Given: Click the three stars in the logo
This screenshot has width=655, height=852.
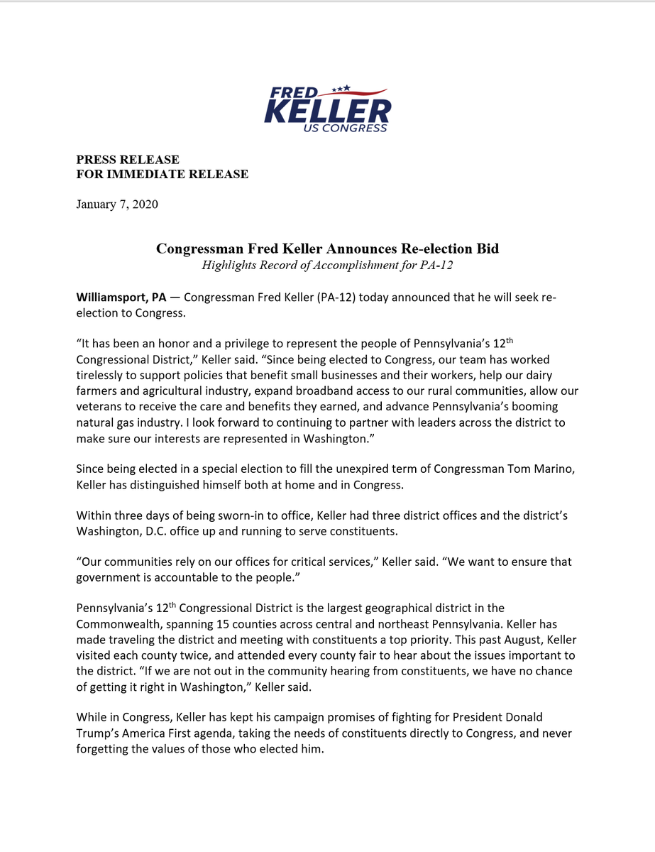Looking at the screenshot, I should pos(341,88).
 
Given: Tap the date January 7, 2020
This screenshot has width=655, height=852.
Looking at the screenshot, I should pos(117,204).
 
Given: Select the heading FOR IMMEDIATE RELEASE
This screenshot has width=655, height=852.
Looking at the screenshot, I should pos(163,174).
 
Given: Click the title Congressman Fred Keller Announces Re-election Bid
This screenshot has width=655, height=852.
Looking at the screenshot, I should pos(327,248).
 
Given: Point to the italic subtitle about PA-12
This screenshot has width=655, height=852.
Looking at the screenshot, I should pos(327,266).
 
